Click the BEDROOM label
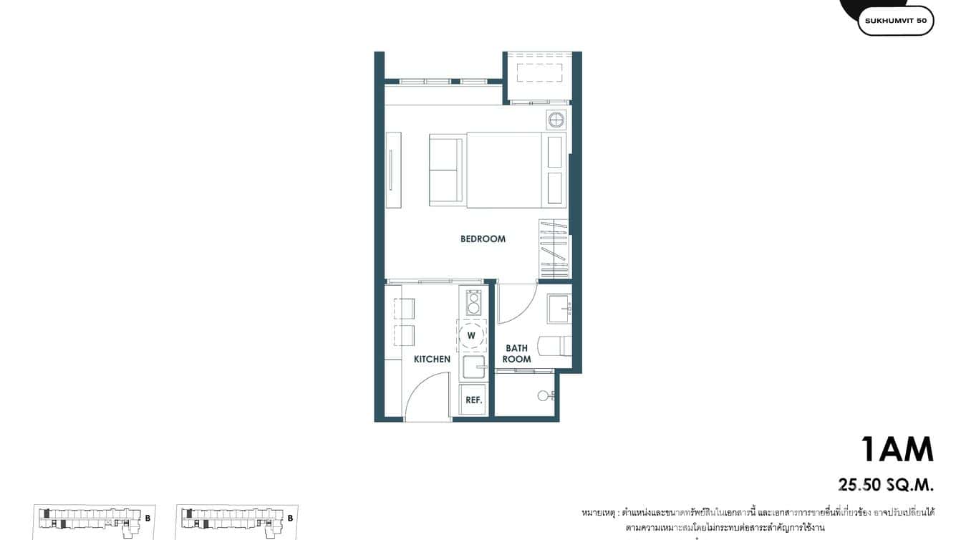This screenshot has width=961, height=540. (x=483, y=239)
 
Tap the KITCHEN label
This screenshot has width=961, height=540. (x=432, y=359)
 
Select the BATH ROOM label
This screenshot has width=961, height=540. (x=516, y=354)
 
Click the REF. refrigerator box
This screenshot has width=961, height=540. (x=473, y=400)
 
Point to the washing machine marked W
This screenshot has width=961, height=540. (x=472, y=335)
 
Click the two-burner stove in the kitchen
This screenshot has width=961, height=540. (x=473, y=303)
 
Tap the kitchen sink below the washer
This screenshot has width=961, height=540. (x=473, y=368)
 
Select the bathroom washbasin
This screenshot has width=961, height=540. (x=559, y=309)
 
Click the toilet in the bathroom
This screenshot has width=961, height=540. (x=559, y=346)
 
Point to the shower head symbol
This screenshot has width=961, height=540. (x=546, y=395)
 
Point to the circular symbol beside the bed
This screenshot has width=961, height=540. (x=556, y=120)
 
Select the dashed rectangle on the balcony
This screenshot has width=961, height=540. (x=539, y=72)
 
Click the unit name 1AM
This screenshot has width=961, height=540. (x=897, y=450)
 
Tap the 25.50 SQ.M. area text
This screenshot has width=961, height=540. (x=886, y=485)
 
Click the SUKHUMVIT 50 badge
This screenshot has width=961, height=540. (x=895, y=21)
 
